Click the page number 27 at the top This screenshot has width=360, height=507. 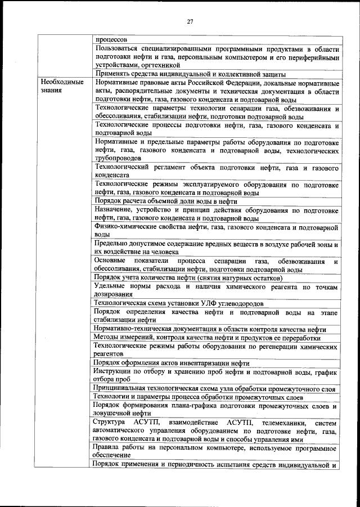click(190, 21)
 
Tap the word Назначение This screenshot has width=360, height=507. click(116, 210)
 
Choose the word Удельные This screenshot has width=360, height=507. click(111, 287)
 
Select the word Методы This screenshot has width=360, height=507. click(107, 338)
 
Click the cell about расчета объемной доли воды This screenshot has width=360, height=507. click(166, 201)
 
